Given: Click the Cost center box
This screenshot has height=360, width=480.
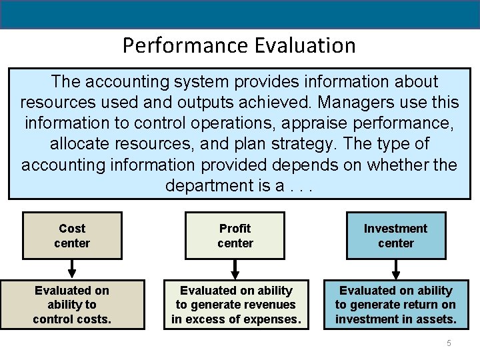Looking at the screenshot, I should pyautogui.click(x=72, y=235).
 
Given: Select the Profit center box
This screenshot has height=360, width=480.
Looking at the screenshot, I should pyautogui.click(x=235, y=235).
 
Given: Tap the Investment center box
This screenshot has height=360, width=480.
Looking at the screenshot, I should pyautogui.click(x=396, y=235).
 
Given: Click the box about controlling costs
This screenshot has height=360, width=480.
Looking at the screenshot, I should pyautogui.click(x=72, y=305).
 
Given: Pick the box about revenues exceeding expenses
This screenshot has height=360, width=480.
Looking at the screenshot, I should pyautogui.click(x=235, y=305).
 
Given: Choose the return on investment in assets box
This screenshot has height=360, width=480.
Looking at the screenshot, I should pyautogui.click(x=396, y=305).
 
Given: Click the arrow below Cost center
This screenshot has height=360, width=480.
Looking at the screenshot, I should pyautogui.click(x=72, y=269).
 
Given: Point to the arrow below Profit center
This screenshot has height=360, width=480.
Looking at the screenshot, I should pyautogui.click(x=235, y=269).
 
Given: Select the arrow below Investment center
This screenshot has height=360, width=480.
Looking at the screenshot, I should pyautogui.click(x=396, y=269).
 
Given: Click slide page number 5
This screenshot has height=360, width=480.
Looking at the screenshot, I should pyautogui.click(x=449, y=343).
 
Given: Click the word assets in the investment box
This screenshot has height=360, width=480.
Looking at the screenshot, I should pyautogui.click(x=434, y=319).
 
